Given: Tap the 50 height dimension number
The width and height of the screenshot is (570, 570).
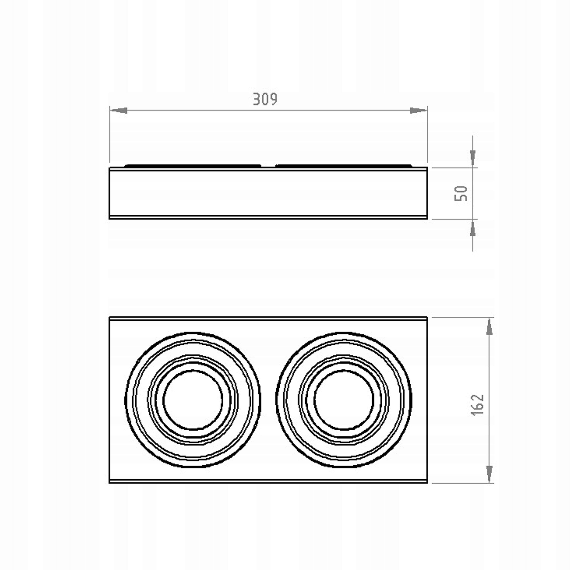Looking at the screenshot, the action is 461,193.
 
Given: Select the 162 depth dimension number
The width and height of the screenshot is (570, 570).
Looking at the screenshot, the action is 477,405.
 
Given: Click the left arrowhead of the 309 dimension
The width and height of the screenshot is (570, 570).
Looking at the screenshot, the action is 119,111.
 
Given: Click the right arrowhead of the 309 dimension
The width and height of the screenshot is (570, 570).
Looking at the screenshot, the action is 418,111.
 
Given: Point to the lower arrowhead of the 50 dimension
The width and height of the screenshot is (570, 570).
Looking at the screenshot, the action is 473,228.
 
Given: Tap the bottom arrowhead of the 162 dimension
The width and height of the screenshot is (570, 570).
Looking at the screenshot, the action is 489,474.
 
